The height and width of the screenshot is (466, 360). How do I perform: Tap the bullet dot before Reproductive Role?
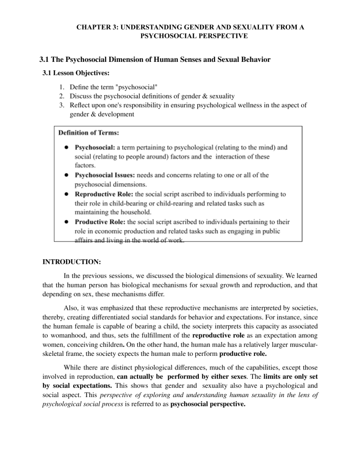(67, 194)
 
